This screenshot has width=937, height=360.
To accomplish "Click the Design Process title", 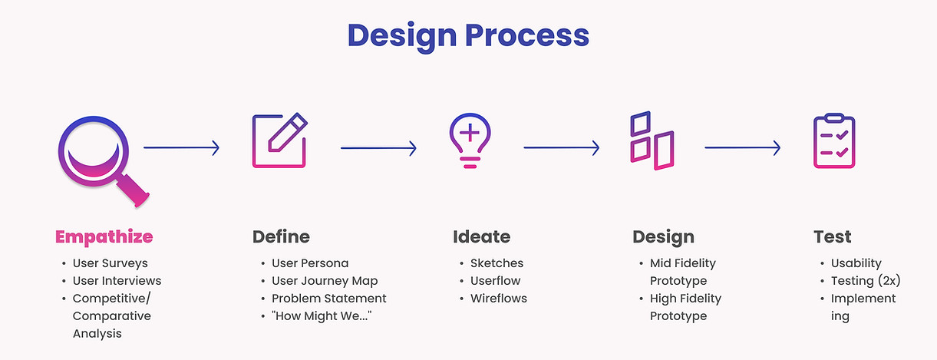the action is [468, 36].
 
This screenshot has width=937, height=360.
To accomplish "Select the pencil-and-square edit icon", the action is [279, 140].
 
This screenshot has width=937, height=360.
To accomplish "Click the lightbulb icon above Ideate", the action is [470, 140].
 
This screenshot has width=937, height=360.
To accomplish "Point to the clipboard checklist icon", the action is [834, 140].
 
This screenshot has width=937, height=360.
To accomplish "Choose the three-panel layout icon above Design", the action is [652, 140].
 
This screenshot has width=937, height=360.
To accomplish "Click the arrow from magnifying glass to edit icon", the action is [182, 148].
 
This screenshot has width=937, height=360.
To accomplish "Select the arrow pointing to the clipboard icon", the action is [743, 148].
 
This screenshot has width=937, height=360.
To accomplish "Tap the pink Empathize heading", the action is [104, 237].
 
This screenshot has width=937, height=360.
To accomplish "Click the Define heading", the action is [281, 237].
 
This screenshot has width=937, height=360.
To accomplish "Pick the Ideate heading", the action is [481, 237].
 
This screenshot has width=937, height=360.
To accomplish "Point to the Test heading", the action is [833, 237].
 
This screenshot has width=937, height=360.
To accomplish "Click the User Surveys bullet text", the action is [110, 263].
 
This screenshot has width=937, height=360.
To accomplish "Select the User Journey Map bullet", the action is [325, 281].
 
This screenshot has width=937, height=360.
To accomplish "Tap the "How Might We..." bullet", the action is [322, 315].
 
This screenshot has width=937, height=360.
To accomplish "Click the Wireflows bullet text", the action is [499, 299].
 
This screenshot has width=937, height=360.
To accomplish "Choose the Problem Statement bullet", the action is [328, 299].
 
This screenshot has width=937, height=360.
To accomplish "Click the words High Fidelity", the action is [685, 299].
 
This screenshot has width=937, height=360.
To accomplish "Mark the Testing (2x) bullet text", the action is [866, 280].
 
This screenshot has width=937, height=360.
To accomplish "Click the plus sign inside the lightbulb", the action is [470, 133].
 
